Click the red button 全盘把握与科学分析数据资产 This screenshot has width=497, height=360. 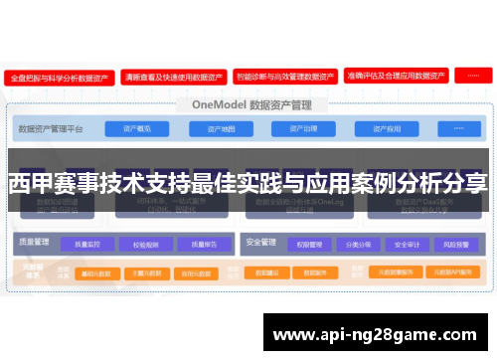(x=59, y=76)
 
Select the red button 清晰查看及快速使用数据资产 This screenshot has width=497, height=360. (x=172, y=76)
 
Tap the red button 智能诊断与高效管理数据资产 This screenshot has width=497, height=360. (x=285, y=76)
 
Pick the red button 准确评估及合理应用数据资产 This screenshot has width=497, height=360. (x=397, y=76)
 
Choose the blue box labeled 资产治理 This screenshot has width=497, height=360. (x=303, y=128)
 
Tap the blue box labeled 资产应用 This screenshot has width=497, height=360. (x=387, y=128)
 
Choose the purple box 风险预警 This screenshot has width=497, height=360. (x=453, y=244)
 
